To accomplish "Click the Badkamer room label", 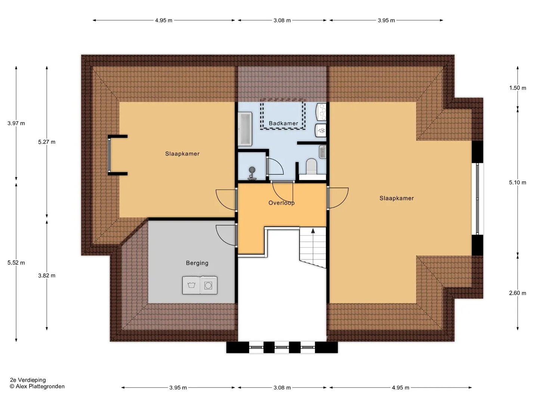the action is coord(283,123).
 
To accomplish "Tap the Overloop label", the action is coord(281,203).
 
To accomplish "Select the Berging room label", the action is coord(197,263).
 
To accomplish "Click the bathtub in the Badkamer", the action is coord(245,129).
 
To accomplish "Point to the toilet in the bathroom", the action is coord(312,166).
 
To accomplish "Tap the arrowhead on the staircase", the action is coord(313,231).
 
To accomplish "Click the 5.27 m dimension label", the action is coord(47,142).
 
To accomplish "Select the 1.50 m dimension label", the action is coord(517,88).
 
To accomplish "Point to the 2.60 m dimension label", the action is coord(517,293).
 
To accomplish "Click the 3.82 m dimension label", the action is coord(47,276).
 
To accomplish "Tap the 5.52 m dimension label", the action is coord(16,263).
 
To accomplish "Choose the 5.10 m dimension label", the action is coord(517,183).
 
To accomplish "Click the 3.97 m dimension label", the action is coord(16,123).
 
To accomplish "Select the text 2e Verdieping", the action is coord(28,380).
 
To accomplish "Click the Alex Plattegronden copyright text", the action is coord(37,386).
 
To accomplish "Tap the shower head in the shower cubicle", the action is coord(252,170).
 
